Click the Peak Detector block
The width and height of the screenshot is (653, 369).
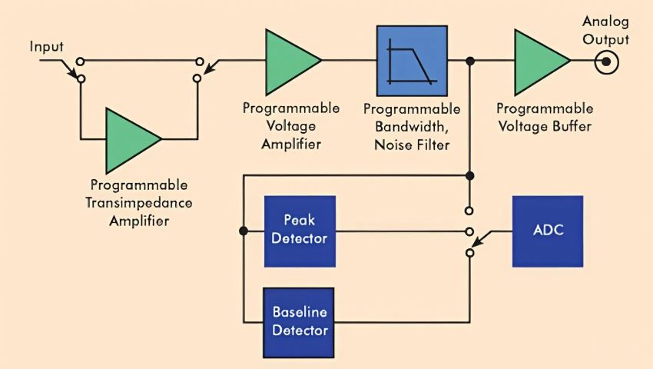point(300,231)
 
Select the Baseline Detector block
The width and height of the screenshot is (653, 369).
point(300,323)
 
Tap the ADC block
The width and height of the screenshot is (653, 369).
point(548,231)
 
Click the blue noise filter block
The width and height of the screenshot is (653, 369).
point(412,61)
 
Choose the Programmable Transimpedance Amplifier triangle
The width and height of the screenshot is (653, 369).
point(131,140)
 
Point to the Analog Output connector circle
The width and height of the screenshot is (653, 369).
point(607,61)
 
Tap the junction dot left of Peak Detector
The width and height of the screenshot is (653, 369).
point(243,231)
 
